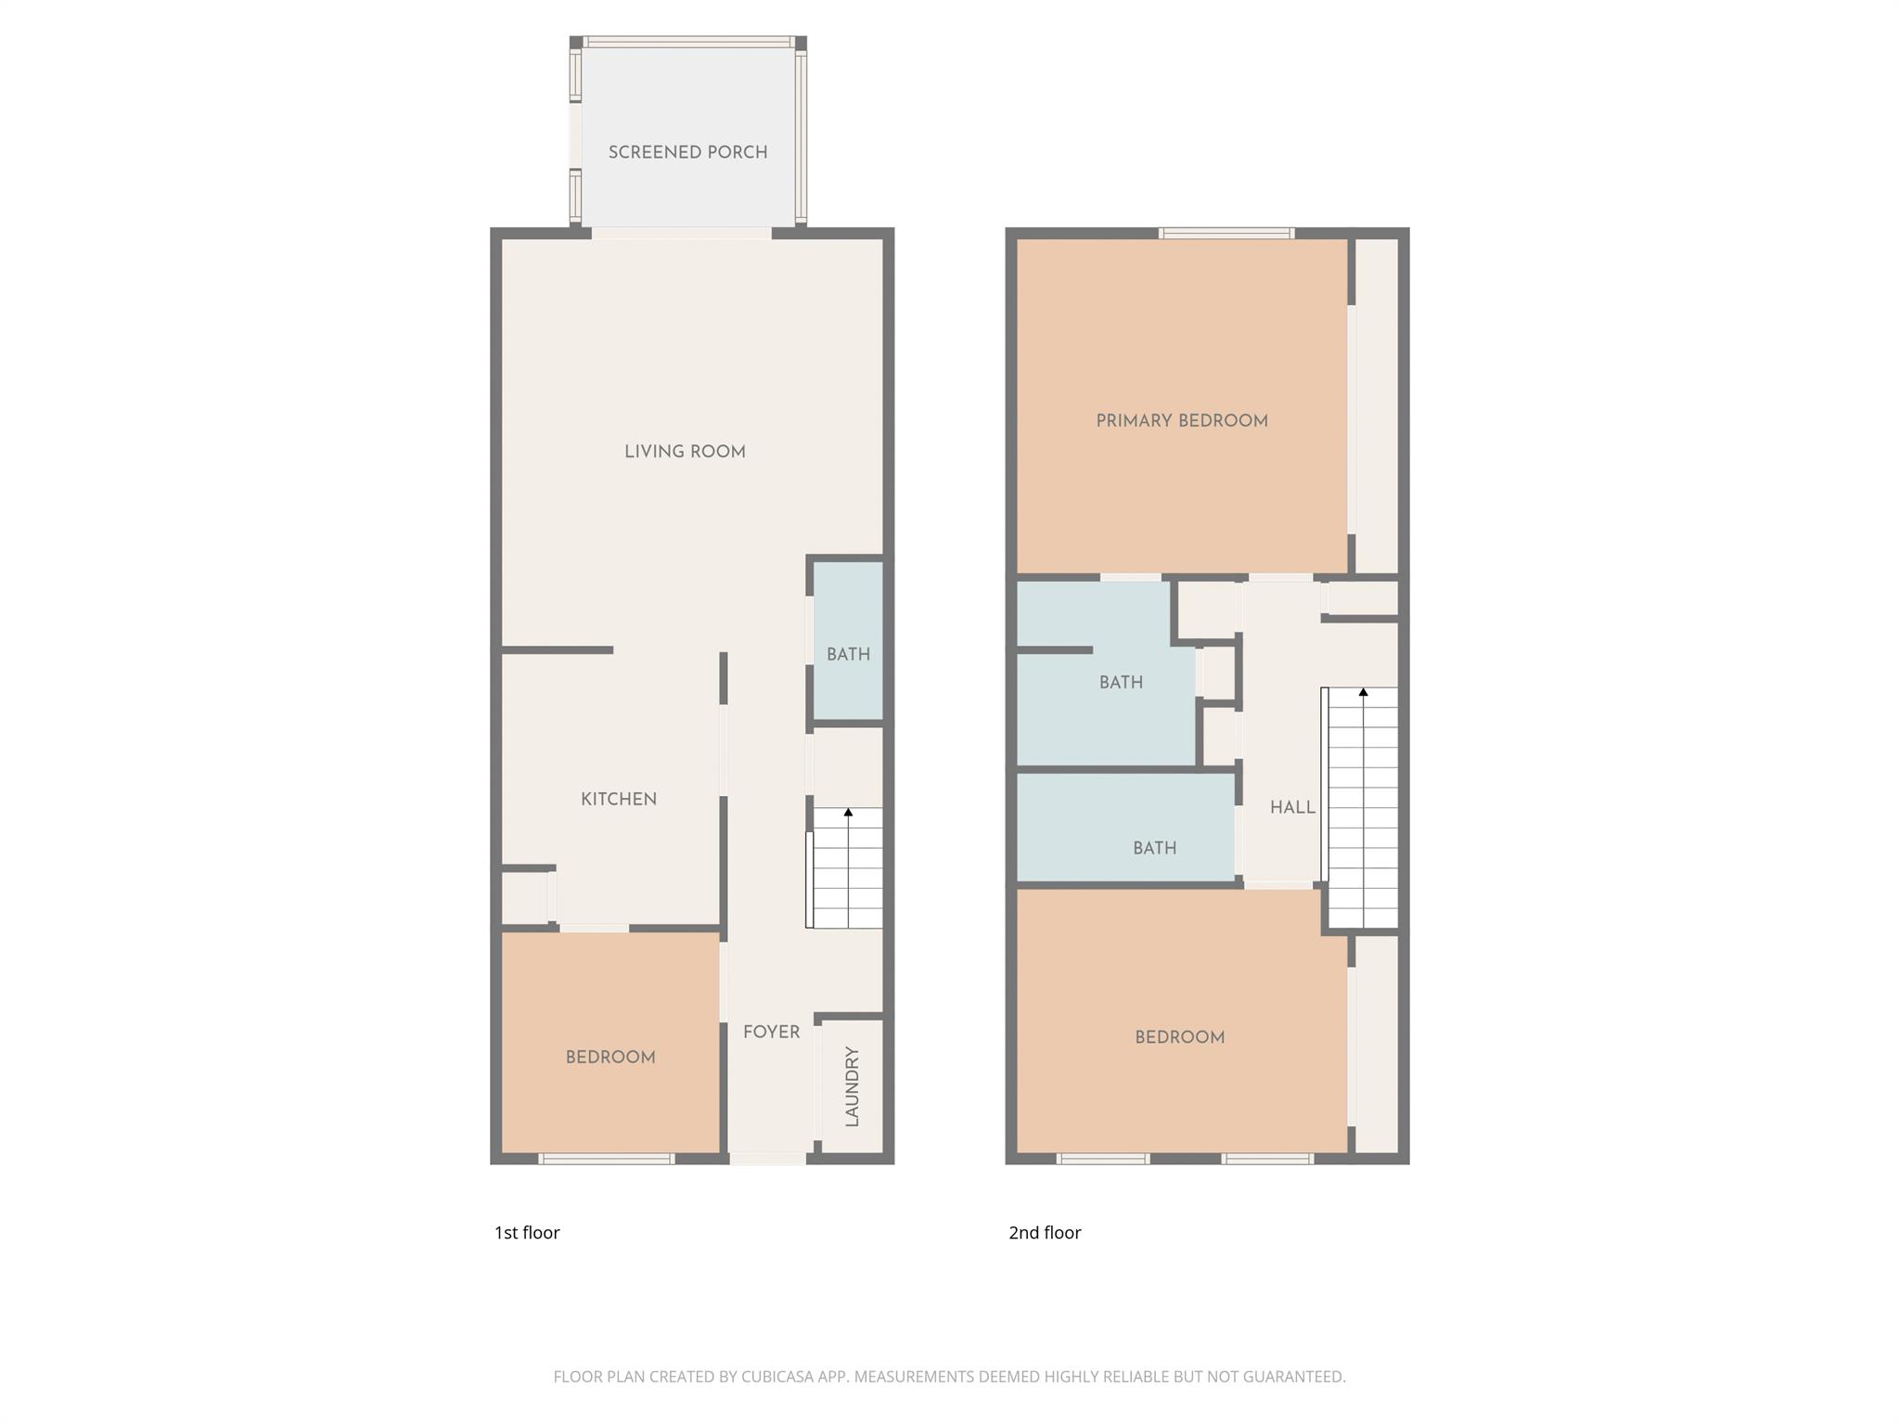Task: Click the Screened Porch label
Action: point(687,152)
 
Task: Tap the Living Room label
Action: point(685,452)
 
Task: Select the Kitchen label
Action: point(619,799)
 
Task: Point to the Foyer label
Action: point(771,1032)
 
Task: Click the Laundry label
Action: point(853,1086)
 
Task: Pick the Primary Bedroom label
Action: point(1181,421)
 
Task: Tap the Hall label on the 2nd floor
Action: point(1292,807)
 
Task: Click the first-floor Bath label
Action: point(848,654)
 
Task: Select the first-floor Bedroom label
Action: point(610,1057)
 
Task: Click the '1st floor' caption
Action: point(527,1232)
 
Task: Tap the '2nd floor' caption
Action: point(1045,1232)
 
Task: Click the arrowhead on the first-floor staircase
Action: point(848,813)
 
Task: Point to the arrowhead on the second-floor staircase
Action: point(1363,692)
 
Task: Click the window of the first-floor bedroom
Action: point(607,1158)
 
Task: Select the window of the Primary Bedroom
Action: point(1226,233)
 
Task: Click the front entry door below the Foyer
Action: point(767,1158)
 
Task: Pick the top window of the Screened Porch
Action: point(687,42)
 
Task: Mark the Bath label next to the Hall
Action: point(1154,848)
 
